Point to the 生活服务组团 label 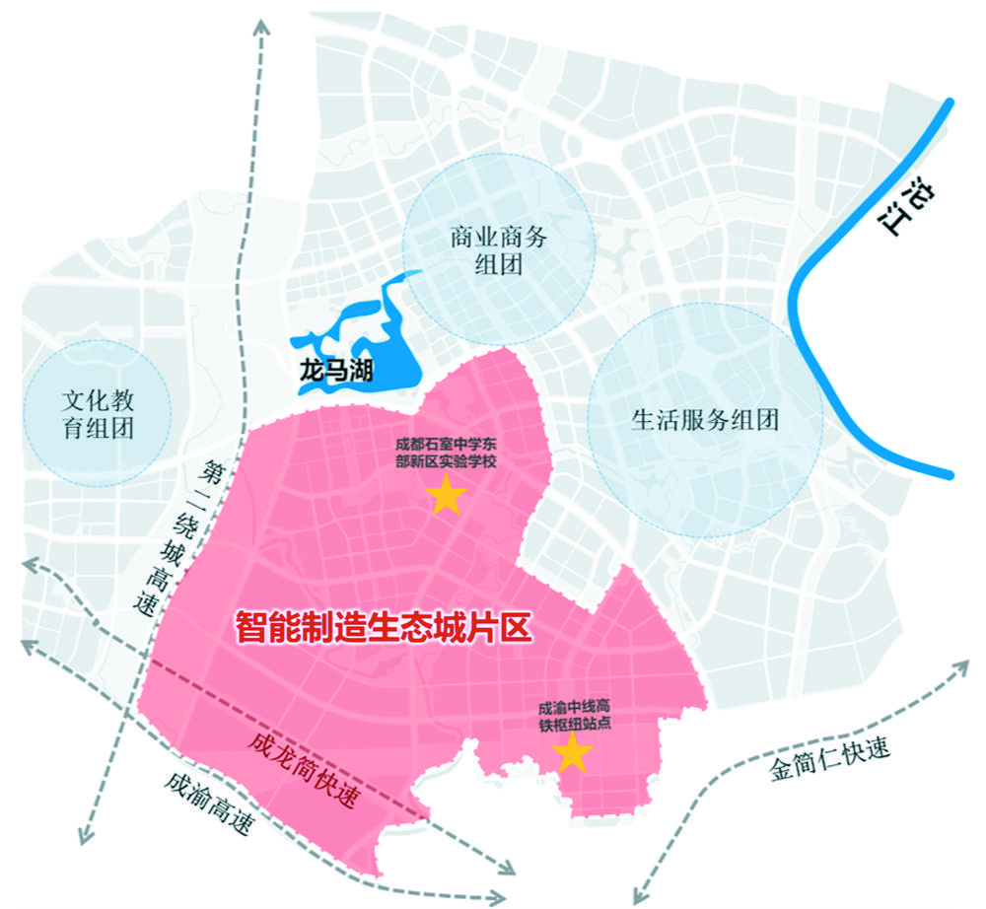705,420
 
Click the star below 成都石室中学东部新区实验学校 445,498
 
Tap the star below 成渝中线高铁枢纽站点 573,754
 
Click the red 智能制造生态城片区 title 383,627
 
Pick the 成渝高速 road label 207,804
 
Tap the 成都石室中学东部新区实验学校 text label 446,454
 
